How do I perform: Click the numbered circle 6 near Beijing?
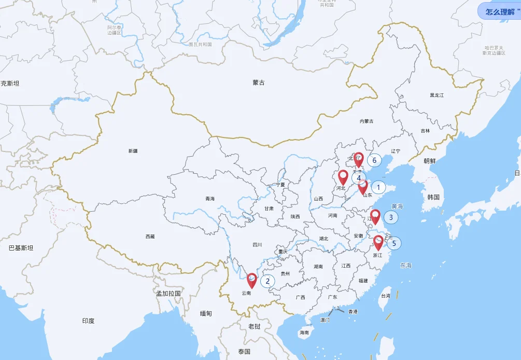tap(374, 160)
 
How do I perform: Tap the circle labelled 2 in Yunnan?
tap(267, 281)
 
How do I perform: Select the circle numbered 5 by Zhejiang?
tap(394, 243)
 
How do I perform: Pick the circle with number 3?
tap(391, 217)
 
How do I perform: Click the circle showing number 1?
tap(378, 187)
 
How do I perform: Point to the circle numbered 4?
tap(359, 178)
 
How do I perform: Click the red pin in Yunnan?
tap(251, 281)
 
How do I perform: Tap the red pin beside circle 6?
tap(358, 159)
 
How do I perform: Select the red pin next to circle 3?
tap(376, 216)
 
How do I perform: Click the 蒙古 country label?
tap(259, 82)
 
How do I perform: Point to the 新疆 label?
tap(133, 151)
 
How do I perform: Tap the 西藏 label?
tap(150, 237)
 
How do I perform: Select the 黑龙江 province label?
tap(437, 95)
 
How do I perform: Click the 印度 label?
tap(88, 321)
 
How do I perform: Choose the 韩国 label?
tap(433, 197)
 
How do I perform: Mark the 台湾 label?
tap(385, 296)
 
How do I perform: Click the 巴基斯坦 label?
tap(21, 248)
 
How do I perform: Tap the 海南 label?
tap(304, 333)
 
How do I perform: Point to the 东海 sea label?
tap(405, 266)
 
